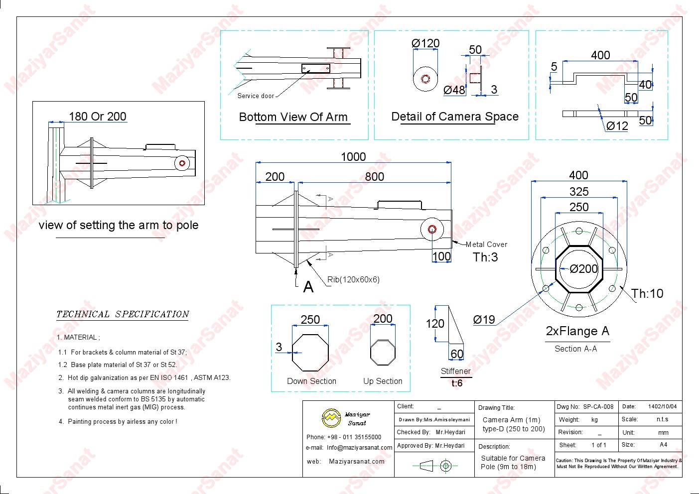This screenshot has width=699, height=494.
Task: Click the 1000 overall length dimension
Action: tap(353, 157)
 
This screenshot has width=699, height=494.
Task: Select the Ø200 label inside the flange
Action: tap(583, 269)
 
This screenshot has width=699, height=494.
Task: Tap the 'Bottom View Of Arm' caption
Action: tap(293, 117)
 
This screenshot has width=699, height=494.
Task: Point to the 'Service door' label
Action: tap(256, 96)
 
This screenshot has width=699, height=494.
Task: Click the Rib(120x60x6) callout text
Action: tap(353, 279)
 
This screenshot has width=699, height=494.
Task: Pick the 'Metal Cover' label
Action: tap(486, 245)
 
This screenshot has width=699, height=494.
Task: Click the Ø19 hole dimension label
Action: tap(484, 320)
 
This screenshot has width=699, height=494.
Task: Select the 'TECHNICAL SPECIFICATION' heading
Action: tap(123, 314)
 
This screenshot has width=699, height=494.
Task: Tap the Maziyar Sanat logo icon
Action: tap(331, 418)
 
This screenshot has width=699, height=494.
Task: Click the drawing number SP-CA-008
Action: tap(598, 407)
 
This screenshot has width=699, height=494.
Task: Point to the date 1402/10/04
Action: tap(662, 407)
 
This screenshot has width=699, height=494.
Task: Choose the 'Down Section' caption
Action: tap(311, 381)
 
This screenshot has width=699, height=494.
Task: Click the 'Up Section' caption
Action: tap(383, 381)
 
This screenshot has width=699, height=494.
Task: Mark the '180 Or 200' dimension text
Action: tap(98, 117)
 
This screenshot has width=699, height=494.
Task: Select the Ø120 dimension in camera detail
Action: tap(425, 44)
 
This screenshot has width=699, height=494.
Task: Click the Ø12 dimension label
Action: tap(617, 126)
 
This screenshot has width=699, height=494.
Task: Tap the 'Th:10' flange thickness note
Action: tap(647, 294)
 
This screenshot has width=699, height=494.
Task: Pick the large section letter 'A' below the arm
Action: tap(308, 287)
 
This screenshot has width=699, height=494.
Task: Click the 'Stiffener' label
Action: tap(455, 371)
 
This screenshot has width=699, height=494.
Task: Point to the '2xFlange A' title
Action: tap(577, 331)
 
